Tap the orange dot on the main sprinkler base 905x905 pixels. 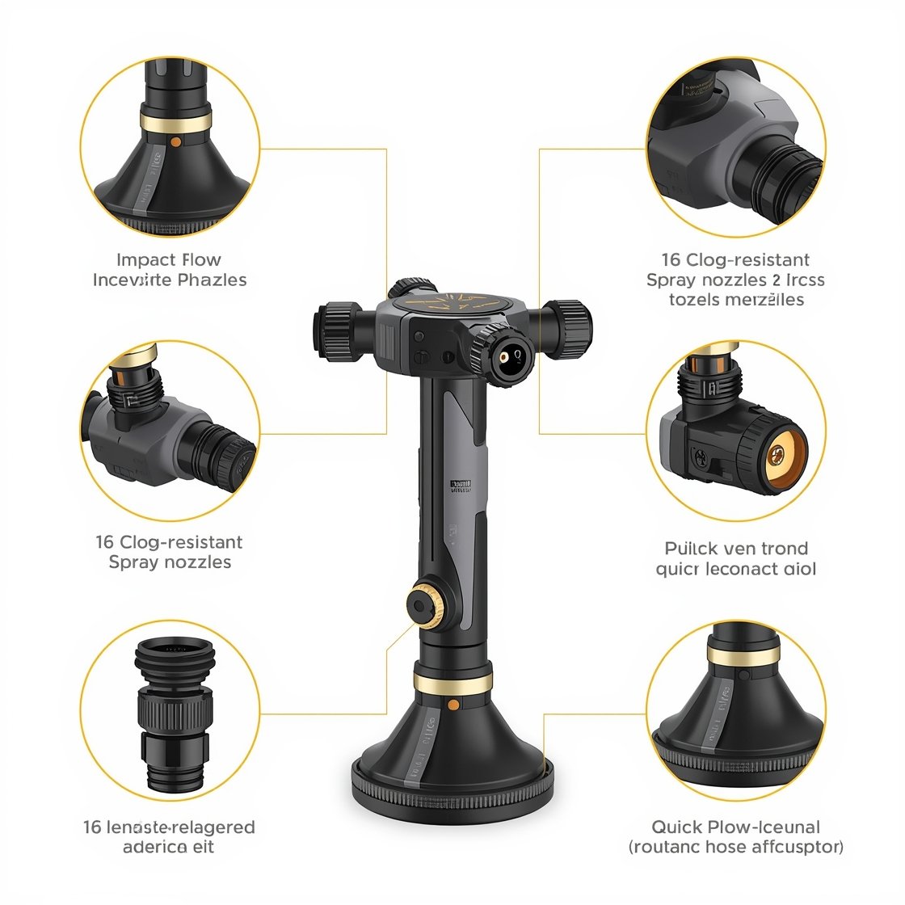click(x=452, y=705)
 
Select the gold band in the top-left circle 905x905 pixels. click(x=175, y=122)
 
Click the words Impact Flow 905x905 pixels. click(x=169, y=260)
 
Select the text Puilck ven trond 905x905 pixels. click(x=736, y=549)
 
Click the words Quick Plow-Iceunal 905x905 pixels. click(x=735, y=827)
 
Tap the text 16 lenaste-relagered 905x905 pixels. click(x=169, y=827)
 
